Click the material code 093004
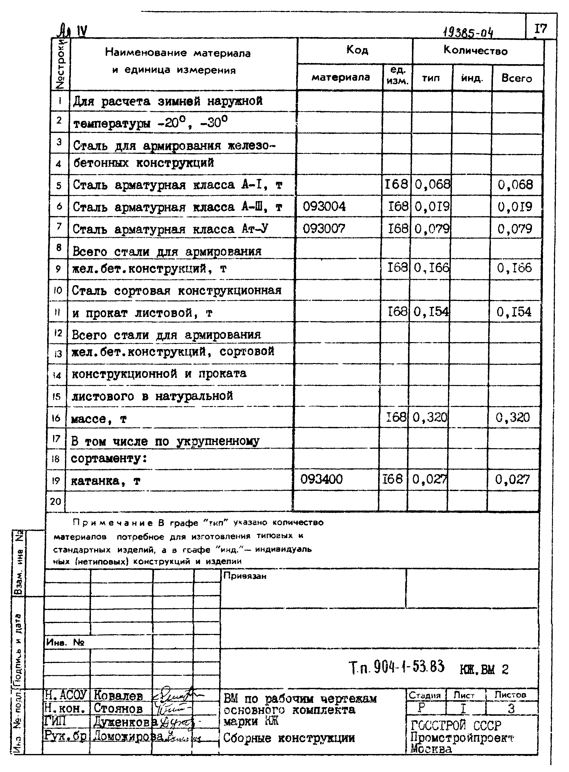click(x=324, y=206)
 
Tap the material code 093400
click(x=321, y=479)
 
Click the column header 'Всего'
click(x=516, y=78)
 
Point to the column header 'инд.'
click(x=472, y=78)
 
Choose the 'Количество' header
click(x=475, y=51)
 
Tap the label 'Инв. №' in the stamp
click(x=65, y=642)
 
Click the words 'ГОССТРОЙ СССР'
click(x=456, y=726)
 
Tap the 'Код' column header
click(x=357, y=50)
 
